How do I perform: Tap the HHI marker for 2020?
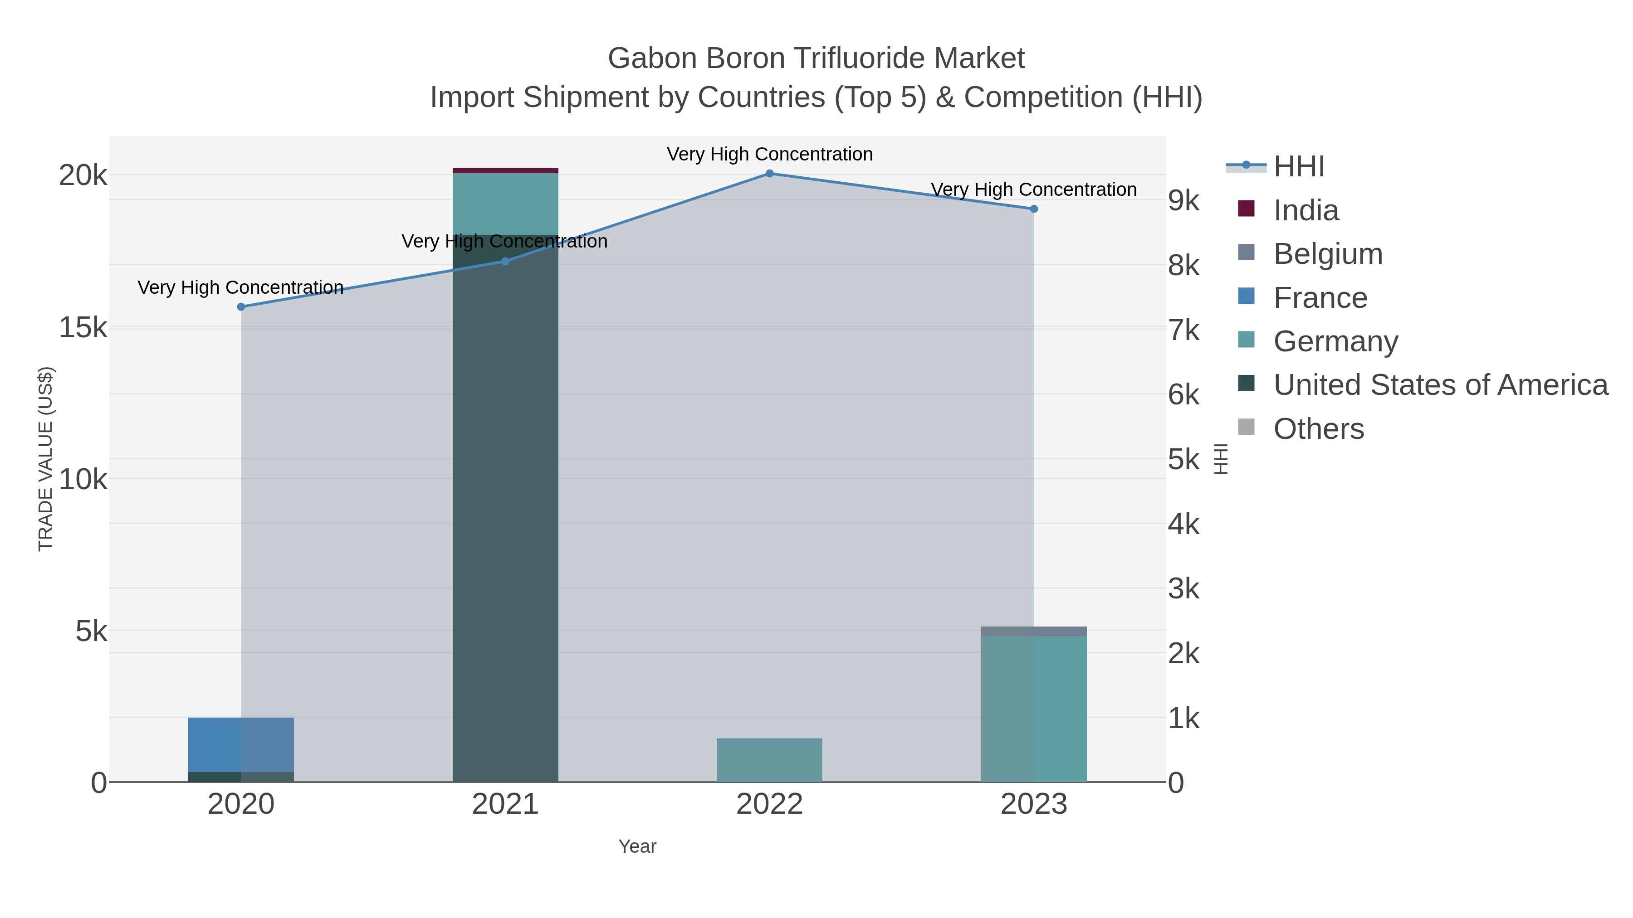pyautogui.click(x=241, y=306)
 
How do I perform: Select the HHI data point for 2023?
pyautogui.click(x=1033, y=209)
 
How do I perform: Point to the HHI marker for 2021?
pyautogui.click(x=505, y=261)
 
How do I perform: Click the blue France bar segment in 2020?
pyautogui.click(x=215, y=744)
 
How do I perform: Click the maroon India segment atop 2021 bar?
pyautogui.click(x=505, y=170)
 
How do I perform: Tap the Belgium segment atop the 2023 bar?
pyautogui.click(x=1033, y=631)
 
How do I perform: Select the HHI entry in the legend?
pyautogui.click(x=1298, y=167)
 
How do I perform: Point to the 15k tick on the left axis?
pyautogui.click(x=83, y=328)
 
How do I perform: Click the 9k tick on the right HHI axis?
pyautogui.click(x=1183, y=201)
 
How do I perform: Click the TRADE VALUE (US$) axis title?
pyautogui.click(x=46, y=459)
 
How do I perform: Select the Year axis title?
pyautogui.click(x=637, y=846)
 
